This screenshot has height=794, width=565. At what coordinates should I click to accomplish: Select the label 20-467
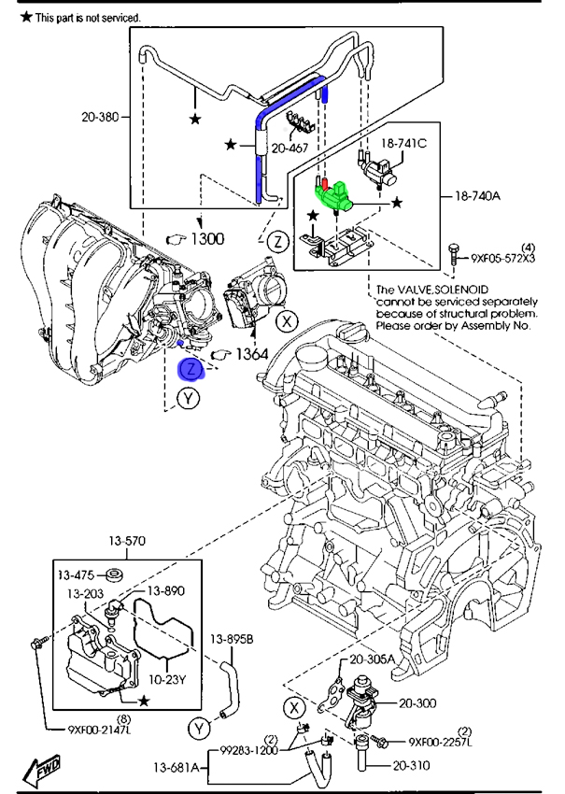(x=290, y=147)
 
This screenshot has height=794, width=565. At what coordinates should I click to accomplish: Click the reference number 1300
(x=207, y=238)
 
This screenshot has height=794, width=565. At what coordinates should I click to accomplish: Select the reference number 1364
(x=250, y=355)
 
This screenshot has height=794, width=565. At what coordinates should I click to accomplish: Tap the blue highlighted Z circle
(x=191, y=369)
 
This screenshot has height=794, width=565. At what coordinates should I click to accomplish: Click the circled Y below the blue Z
(x=191, y=399)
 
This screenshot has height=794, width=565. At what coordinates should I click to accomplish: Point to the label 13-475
(x=78, y=574)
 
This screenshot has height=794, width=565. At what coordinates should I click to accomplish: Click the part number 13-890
(x=165, y=591)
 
